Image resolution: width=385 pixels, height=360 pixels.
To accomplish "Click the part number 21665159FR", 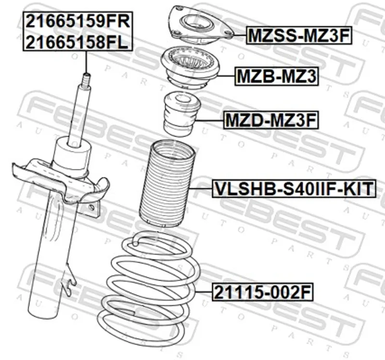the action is coord(78,21).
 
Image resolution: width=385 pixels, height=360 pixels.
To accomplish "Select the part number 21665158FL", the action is coord(77,42).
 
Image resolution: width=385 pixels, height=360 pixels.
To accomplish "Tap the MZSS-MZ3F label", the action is coord(299,36).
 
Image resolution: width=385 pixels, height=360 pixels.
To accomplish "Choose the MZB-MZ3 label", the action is coord(276,76).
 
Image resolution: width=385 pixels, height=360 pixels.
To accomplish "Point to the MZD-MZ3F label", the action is coord(271,120).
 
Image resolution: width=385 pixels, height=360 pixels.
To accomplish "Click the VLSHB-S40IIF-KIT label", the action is coord(294,188).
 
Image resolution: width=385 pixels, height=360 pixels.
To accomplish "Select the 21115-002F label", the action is coord(263,292).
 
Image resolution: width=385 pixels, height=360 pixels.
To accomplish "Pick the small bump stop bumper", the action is coord(182,114).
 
